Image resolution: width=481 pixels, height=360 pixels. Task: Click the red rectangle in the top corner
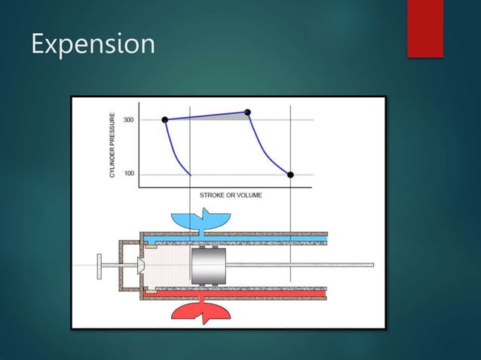tap(424, 27)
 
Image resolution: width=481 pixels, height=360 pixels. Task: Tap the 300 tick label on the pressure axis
tap(129, 121)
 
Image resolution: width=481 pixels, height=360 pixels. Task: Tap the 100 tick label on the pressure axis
tap(129, 174)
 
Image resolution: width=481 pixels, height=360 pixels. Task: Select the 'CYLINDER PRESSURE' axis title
tap(113, 145)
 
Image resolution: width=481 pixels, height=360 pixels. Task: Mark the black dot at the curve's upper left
tap(164, 120)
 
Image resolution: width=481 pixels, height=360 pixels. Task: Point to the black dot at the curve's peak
tap(247, 112)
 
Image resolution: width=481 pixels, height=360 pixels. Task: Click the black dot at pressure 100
tap(290, 175)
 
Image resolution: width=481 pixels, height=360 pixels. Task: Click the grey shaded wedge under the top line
tap(226, 116)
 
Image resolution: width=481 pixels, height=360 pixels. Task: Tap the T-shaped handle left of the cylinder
tap(99, 265)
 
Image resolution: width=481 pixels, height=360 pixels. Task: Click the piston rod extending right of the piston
tap(302, 265)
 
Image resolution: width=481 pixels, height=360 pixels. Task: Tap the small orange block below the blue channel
tap(151, 245)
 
